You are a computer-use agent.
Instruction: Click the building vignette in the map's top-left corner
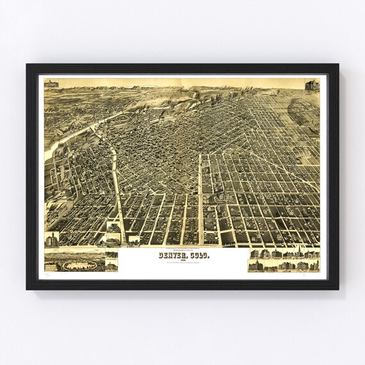click(x=51, y=84)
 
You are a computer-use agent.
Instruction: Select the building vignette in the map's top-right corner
click(x=311, y=85)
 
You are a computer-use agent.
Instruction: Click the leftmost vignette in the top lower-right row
click(x=255, y=254)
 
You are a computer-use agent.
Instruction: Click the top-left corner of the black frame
click(x=28, y=65)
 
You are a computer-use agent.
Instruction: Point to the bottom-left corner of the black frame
click(x=28, y=289)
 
